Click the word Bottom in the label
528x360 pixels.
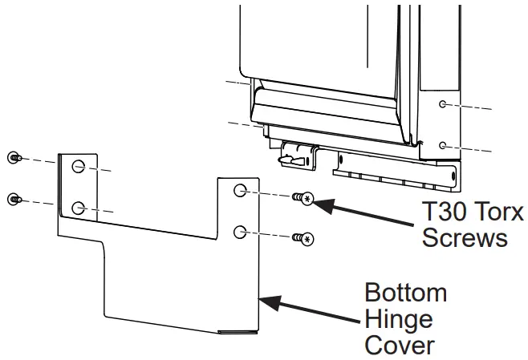click(406, 291)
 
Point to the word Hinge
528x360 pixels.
click(399, 318)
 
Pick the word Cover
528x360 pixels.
click(399, 346)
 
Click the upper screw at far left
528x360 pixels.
click(13, 158)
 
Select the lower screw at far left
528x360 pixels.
click(13, 198)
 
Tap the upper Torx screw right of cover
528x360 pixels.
click(303, 198)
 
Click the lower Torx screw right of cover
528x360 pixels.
click(303, 237)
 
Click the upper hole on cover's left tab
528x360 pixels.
click(78, 167)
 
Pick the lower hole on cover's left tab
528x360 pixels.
click(78, 208)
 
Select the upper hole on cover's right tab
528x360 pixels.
click(240, 191)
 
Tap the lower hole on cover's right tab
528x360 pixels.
click(240, 232)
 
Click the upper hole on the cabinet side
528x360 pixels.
click(442, 104)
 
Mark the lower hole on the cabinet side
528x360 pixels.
click(442, 145)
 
